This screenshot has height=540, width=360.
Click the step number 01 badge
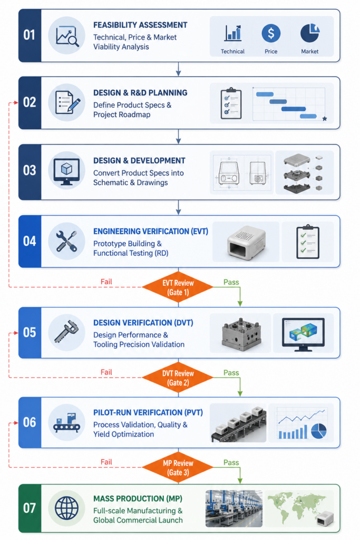point(30,35)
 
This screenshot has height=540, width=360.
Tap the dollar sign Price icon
point(271,33)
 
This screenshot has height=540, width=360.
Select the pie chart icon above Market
point(310,33)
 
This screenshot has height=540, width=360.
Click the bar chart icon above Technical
point(233,33)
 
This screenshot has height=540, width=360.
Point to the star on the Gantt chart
point(325,119)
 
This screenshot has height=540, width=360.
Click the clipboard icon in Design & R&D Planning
point(231,103)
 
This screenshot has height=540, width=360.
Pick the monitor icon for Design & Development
point(66,170)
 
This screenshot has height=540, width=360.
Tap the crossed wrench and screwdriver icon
point(66,241)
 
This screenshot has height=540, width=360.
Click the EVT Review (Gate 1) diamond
point(178,287)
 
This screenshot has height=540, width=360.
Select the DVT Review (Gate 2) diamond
point(178,378)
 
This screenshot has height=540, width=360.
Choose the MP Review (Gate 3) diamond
point(178,468)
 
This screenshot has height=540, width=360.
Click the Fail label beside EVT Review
point(106,282)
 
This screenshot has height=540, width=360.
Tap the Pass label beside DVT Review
point(231,373)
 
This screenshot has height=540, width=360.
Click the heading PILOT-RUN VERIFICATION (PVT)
point(148,412)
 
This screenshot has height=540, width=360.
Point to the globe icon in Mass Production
point(66,508)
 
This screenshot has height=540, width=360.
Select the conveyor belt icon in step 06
point(66,422)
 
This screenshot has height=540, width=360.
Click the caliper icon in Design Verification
point(66,333)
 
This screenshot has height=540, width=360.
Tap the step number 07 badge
point(30,508)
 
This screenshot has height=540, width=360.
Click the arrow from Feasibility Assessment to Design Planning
point(178,69)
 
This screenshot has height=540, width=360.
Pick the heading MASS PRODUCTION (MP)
point(138,499)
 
